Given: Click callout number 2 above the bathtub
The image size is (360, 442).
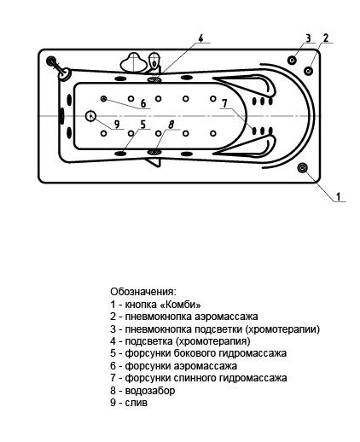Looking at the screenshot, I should point(327,38).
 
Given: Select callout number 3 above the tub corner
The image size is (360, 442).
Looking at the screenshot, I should point(307,38).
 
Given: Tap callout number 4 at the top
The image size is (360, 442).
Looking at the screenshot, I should point(200,38).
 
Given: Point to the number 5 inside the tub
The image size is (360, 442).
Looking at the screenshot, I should point(143,125).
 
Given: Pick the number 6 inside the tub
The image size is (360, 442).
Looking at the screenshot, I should point(143,104).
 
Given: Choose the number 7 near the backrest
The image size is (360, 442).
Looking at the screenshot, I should point(224,104).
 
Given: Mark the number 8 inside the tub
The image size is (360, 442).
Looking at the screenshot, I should point(171,125).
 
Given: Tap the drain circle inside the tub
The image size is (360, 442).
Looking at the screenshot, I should point(90,117).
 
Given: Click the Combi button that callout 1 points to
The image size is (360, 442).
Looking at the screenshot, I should point(303,168).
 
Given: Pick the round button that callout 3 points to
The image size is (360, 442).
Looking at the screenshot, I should point(293,60).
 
